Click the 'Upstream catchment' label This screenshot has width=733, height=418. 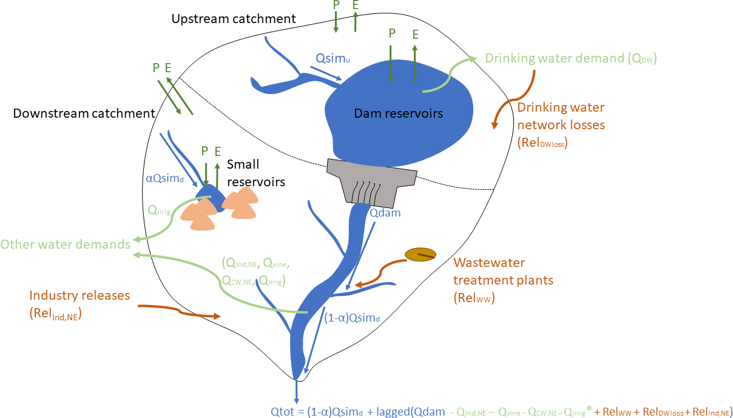click(234, 19)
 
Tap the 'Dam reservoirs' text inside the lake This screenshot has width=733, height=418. click(398, 113)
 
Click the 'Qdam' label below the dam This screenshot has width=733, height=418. click(385, 213)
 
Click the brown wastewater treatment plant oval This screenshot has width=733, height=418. click(421, 255)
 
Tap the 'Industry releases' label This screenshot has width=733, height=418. click(79, 296)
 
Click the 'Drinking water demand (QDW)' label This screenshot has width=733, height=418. click(571, 59)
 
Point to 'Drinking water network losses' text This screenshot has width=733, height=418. click(561, 116)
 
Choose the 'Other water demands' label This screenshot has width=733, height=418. click(66, 244)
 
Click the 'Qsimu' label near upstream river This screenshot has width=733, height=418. click(333, 59)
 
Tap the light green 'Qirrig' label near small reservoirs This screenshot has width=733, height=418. click(159, 211)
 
